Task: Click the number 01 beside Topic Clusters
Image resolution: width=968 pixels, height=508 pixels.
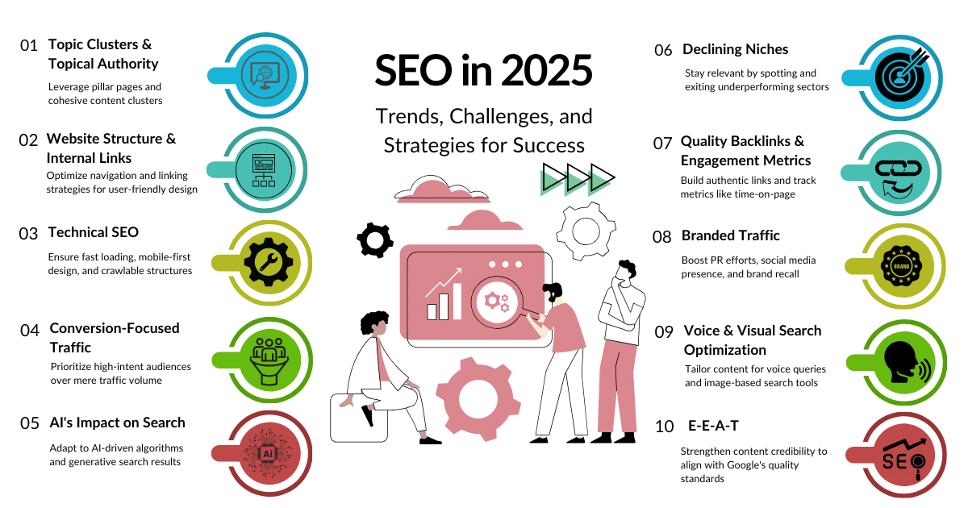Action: point(29,46)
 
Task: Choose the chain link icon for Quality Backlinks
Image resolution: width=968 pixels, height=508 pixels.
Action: point(898,173)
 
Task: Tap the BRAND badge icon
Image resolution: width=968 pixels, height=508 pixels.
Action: point(898,265)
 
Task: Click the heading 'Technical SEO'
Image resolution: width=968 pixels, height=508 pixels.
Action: point(94,232)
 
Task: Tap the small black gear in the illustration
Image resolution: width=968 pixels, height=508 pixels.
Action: point(374,239)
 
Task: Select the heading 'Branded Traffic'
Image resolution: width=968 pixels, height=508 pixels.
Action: point(731,235)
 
